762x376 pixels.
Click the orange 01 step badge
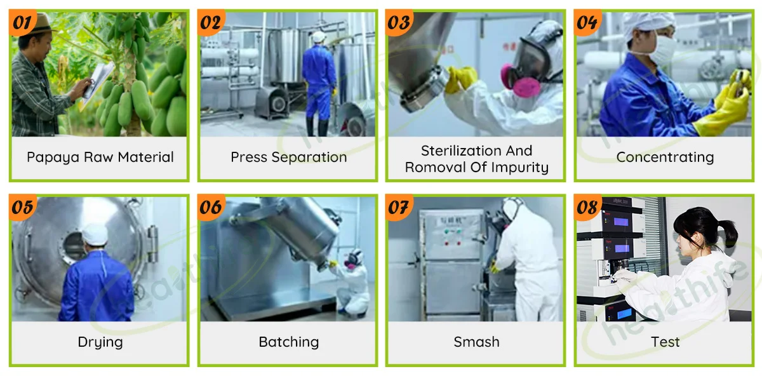[22, 22]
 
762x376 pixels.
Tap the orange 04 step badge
[587, 22]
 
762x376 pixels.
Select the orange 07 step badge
[399, 207]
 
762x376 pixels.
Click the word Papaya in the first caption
[53, 158]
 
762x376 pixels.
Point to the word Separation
[309, 158]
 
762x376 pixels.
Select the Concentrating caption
[665, 158]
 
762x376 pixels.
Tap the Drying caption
[100, 342]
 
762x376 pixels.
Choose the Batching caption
[289, 342]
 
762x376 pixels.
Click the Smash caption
[477, 342]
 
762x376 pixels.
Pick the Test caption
[665, 342]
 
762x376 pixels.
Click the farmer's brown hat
[41, 24]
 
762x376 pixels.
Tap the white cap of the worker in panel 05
[95, 234]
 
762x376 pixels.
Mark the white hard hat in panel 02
[319, 37]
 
